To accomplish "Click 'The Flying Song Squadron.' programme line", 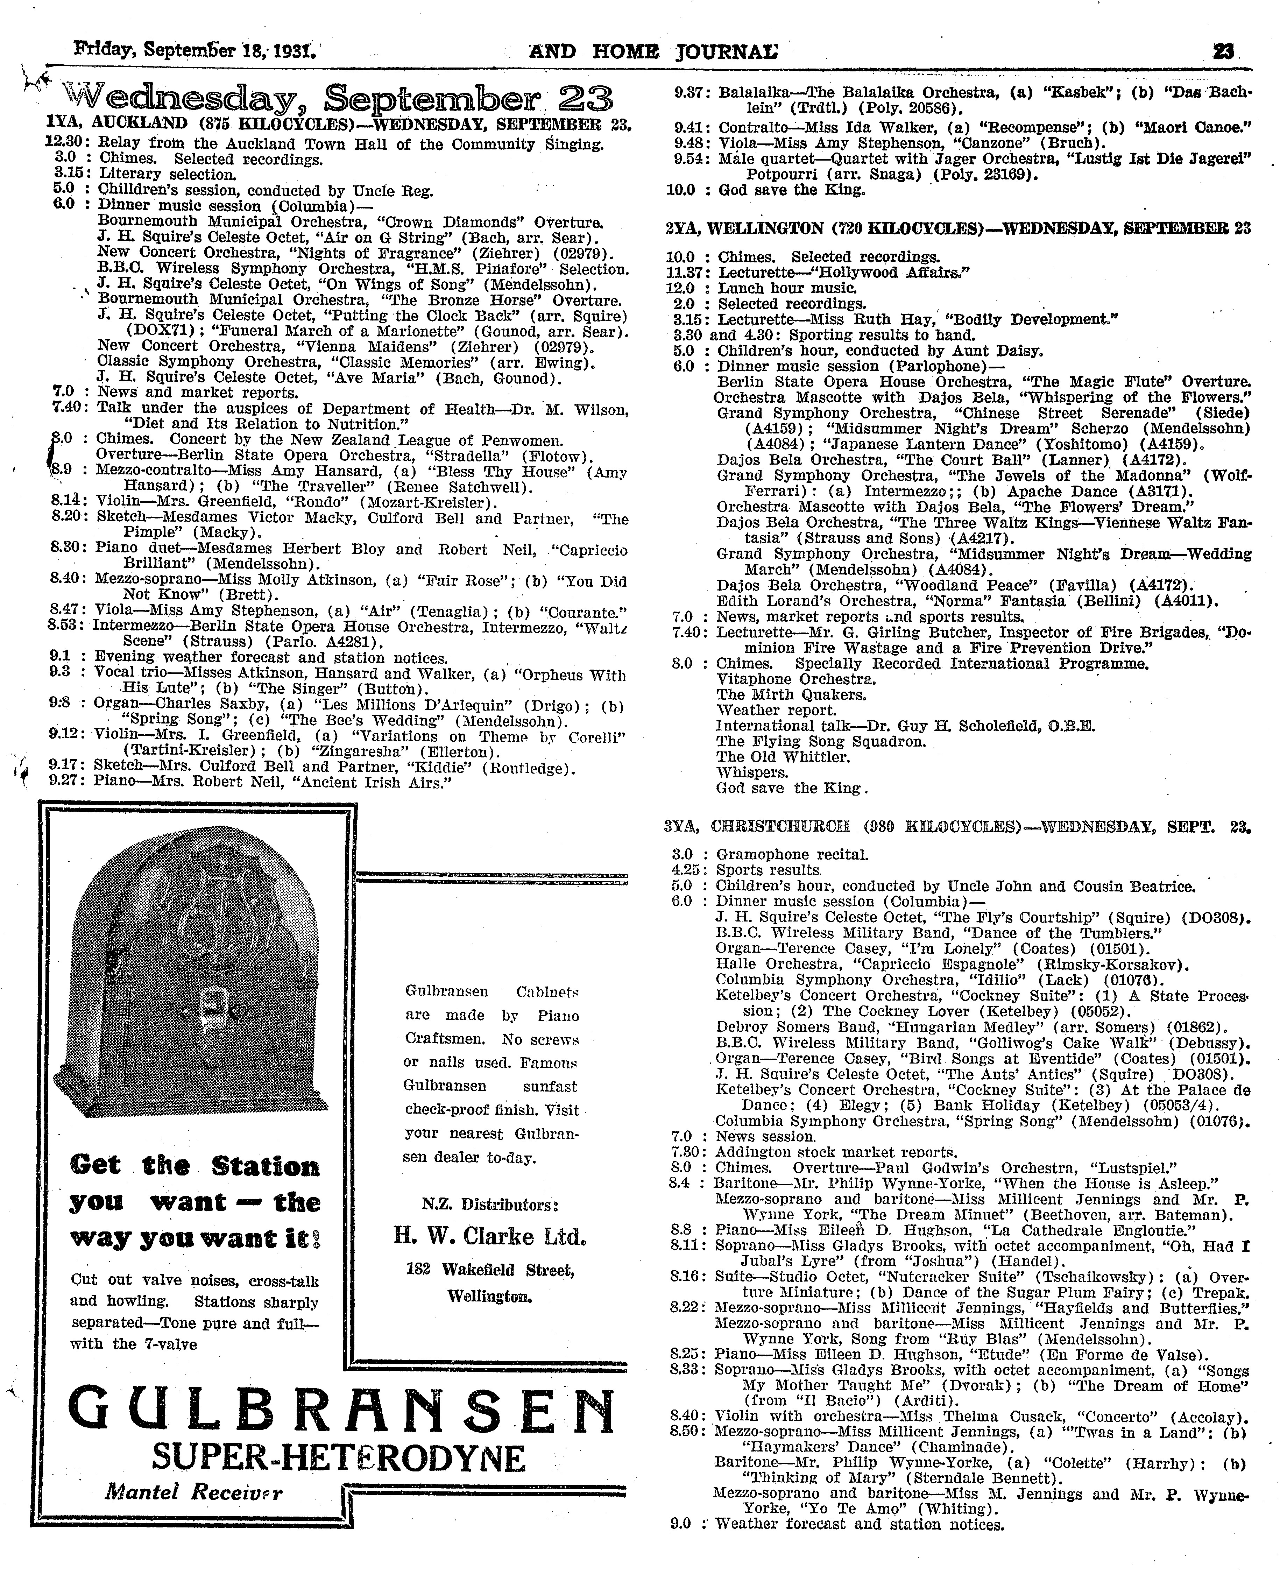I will click(821, 741).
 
